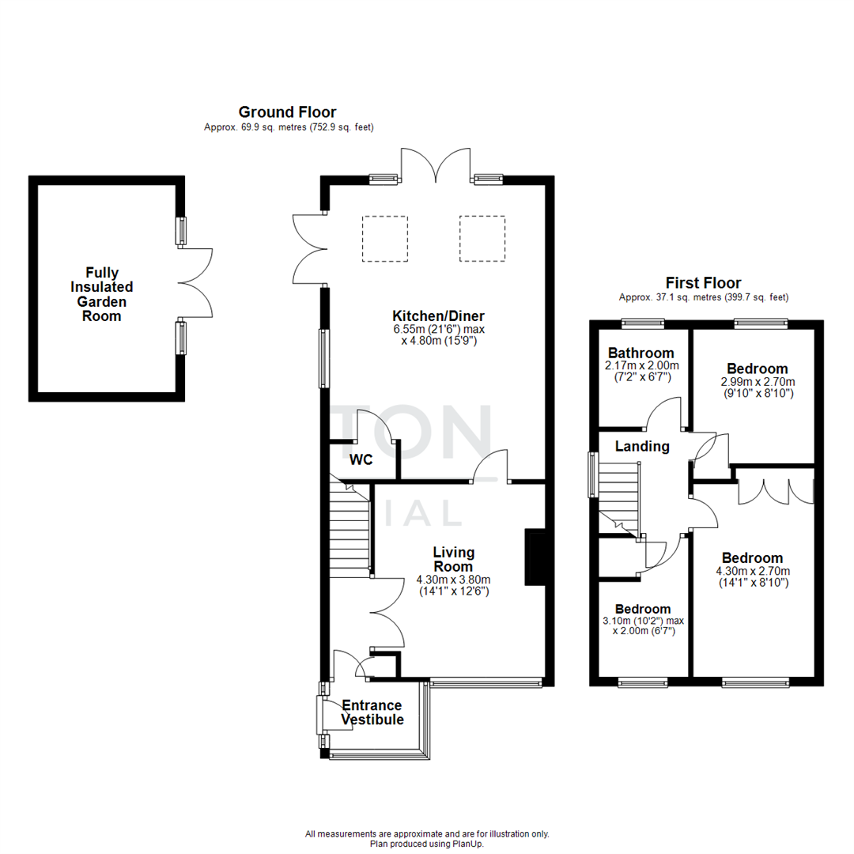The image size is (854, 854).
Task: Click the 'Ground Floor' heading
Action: [x=287, y=112]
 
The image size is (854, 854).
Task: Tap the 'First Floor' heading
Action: [x=703, y=283]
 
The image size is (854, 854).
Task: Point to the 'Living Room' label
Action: [x=452, y=559]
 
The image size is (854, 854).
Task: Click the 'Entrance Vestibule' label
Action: [x=372, y=712]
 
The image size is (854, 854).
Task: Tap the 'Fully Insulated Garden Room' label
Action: [x=104, y=294]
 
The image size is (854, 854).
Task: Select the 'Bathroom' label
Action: [x=640, y=353]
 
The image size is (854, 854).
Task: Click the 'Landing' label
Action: [x=642, y=447]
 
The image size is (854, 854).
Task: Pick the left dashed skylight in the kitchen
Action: [x=385, y=238]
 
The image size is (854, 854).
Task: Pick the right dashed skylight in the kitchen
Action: [x=482, y=238]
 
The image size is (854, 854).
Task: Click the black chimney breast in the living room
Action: [x=535, y=558]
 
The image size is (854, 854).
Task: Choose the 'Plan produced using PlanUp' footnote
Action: [x=426, y=844]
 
